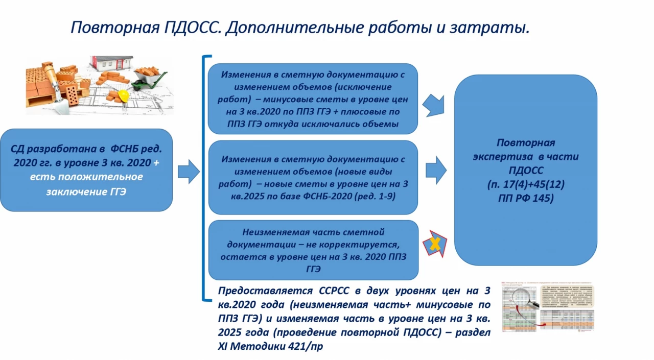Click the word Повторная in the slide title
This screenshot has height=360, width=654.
click(107, 27)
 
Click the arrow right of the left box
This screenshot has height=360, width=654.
click(188, 171)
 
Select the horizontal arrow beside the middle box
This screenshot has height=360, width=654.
click(436, 170)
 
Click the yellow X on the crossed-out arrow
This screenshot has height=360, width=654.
click(435, 244)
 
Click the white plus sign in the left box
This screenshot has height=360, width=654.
click(156, 162)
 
